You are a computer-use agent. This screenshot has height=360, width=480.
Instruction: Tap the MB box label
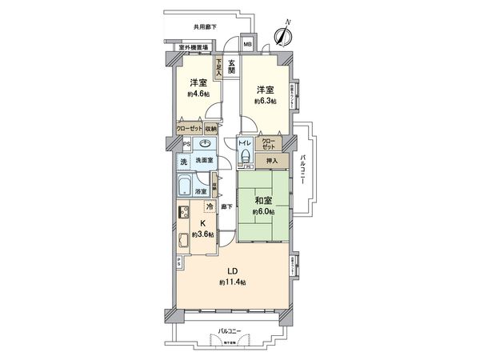(247, 44)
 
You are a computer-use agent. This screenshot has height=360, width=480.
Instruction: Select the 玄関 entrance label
(231, 66)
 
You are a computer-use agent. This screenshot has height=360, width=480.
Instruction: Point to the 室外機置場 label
(194, 47)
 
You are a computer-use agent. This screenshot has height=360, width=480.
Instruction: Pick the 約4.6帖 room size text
(199, 94)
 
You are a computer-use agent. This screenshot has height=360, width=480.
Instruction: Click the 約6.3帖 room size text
(266, 102)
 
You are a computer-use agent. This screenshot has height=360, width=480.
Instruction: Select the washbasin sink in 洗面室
(206, 144)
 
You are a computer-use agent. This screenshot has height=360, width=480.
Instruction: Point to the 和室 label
(264, 200)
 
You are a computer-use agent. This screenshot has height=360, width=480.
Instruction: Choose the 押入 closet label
(272, 160)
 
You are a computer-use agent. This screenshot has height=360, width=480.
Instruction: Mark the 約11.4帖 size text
(232, 282)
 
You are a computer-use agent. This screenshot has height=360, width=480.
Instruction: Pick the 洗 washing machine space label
(182, 162)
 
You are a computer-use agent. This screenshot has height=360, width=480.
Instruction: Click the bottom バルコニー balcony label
(229, 330)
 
